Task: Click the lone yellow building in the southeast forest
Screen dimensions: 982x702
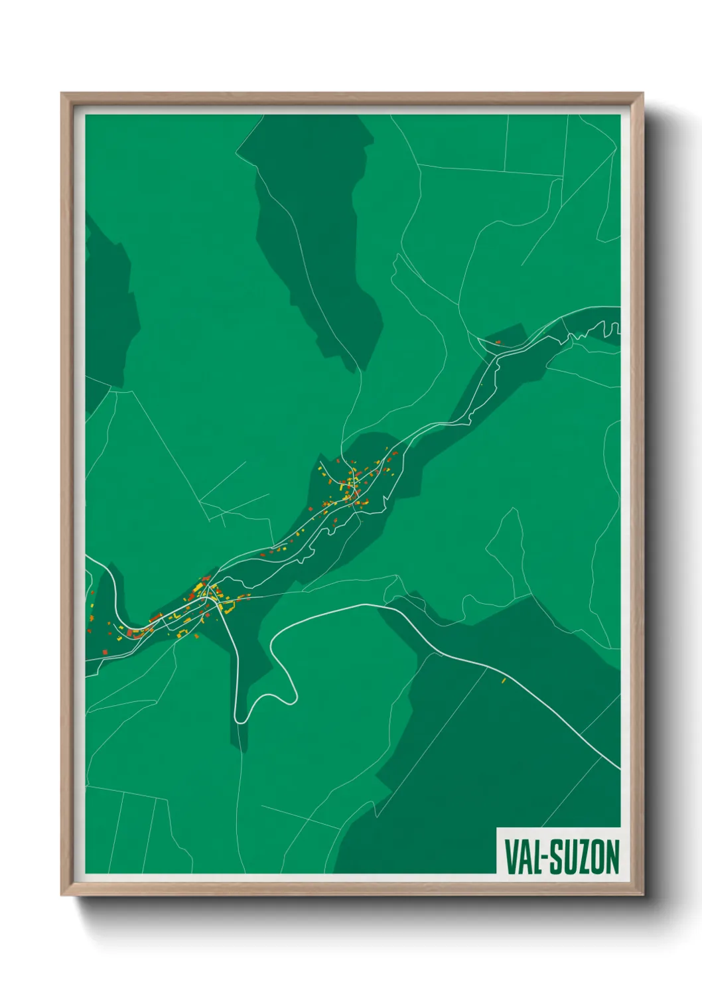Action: click(504, 680)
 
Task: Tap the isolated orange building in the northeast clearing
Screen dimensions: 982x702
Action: click(498, 342)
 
